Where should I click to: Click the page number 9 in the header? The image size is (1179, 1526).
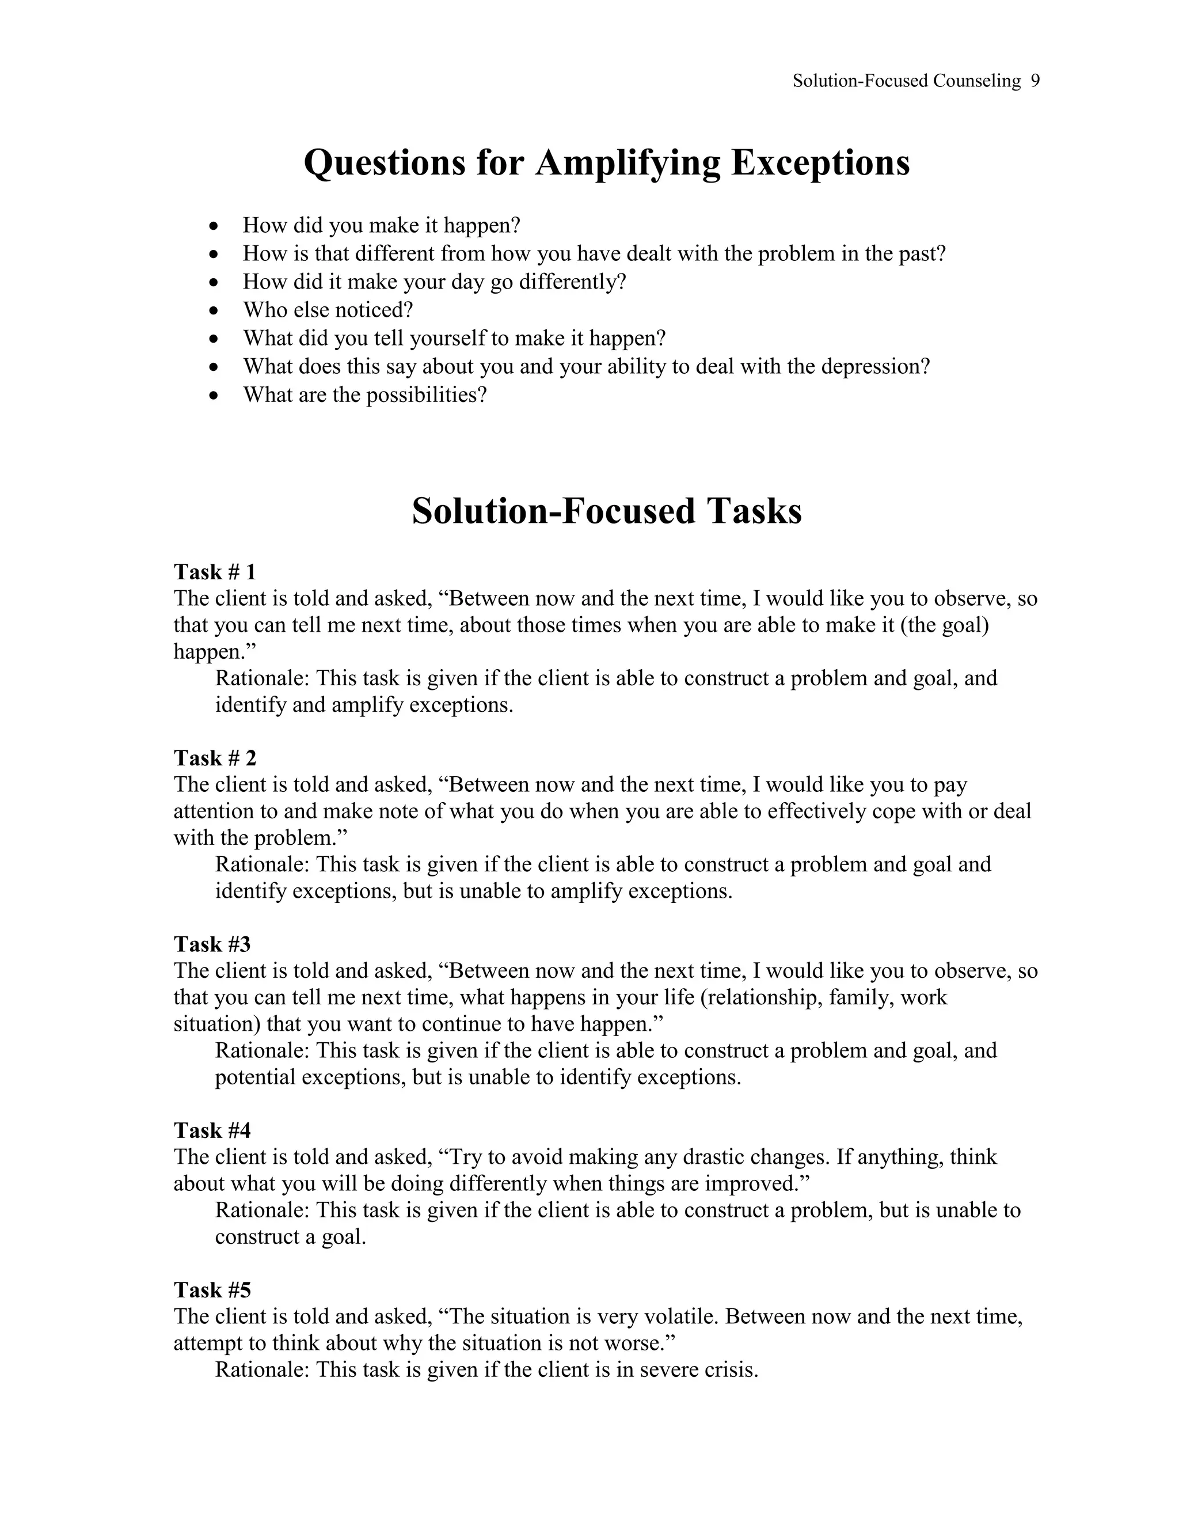click(1035, 81)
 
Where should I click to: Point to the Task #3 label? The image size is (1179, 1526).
click(212, 944)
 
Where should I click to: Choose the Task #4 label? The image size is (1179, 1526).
click(212, 1130)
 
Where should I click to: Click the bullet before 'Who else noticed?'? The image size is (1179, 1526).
click(214, 311)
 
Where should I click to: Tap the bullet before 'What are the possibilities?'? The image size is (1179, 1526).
click(214, 396)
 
